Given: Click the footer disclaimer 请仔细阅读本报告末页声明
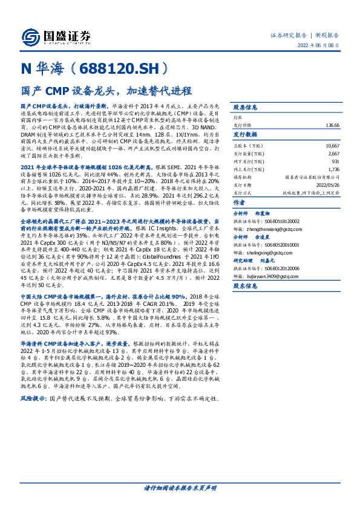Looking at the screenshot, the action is (180, 487).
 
